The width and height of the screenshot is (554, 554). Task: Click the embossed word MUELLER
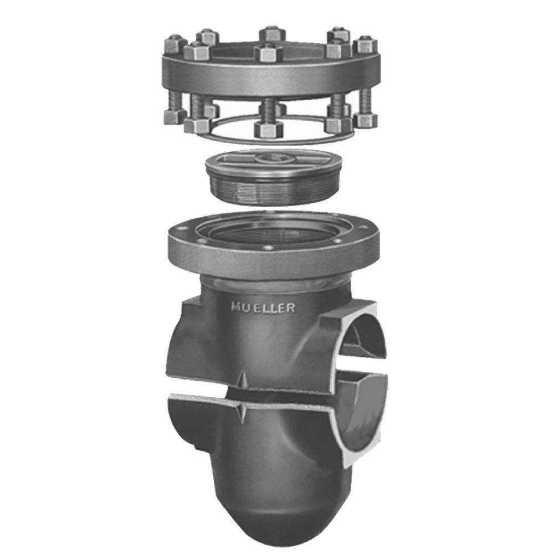point(263,307)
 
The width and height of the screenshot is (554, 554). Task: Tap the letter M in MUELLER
point(236,307)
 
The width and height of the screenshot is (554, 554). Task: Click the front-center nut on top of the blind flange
point(269,53)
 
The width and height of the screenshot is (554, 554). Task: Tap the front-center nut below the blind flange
point(269,129)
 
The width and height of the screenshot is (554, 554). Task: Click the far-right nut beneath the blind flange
point(365,120)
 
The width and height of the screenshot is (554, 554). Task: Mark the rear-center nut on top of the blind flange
point(272,33)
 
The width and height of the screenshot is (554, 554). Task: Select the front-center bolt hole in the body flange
point(268,248)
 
